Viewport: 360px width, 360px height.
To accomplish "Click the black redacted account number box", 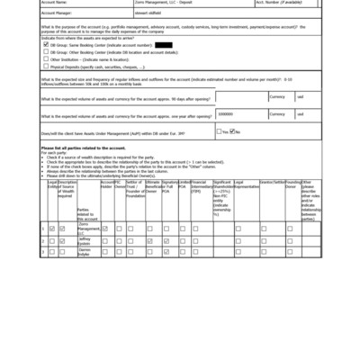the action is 164,44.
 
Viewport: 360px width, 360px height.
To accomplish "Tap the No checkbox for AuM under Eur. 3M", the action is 232,131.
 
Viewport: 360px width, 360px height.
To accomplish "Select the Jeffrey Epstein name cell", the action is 86,241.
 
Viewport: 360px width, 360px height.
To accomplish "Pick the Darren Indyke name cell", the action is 85,252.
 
